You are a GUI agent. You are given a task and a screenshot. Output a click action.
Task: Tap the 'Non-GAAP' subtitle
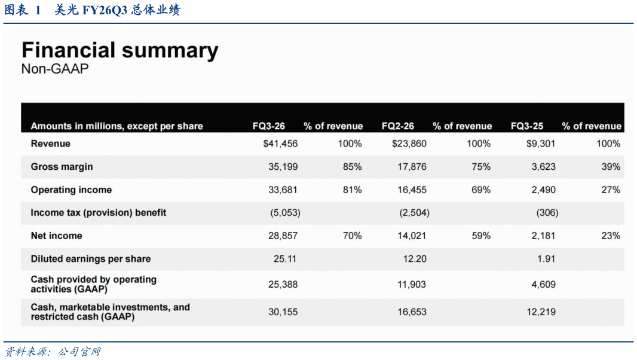[x=55, y=69]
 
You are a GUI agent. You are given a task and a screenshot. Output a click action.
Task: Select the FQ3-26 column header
[x=268, y=126]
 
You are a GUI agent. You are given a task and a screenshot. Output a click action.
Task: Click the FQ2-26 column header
[x=398, y=126]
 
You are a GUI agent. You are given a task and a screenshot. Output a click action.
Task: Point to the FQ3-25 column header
[x=527, y=126]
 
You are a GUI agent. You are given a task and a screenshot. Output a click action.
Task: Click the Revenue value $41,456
[x=280, y=144]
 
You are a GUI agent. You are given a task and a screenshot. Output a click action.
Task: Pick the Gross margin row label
[x=62, y=167]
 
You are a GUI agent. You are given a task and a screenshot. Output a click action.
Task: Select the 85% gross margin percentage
[x=352, y=167]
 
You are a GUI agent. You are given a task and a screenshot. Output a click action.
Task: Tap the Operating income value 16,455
[x=412, y=190]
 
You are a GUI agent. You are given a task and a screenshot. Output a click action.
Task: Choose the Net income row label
[x=56, y=236]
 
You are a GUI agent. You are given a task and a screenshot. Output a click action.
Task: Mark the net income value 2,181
[x=544, y=236]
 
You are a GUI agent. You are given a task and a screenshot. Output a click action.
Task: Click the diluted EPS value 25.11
[x=285, y=259]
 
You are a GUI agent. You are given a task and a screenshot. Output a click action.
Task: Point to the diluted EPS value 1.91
[x=546, y=259]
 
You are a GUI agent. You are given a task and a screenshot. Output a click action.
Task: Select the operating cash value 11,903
[x=412, y=284]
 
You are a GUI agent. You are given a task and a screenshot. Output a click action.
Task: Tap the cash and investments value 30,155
[x=283, y=312]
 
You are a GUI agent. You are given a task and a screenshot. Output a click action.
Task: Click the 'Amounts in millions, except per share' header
[x=117, y=126]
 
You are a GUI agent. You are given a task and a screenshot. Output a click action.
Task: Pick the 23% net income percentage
[x=611, y=236]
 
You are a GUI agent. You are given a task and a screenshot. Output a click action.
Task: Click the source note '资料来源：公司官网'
[x=53, y=352]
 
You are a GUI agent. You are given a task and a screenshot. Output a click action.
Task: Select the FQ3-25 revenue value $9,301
[x=541, y=144]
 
